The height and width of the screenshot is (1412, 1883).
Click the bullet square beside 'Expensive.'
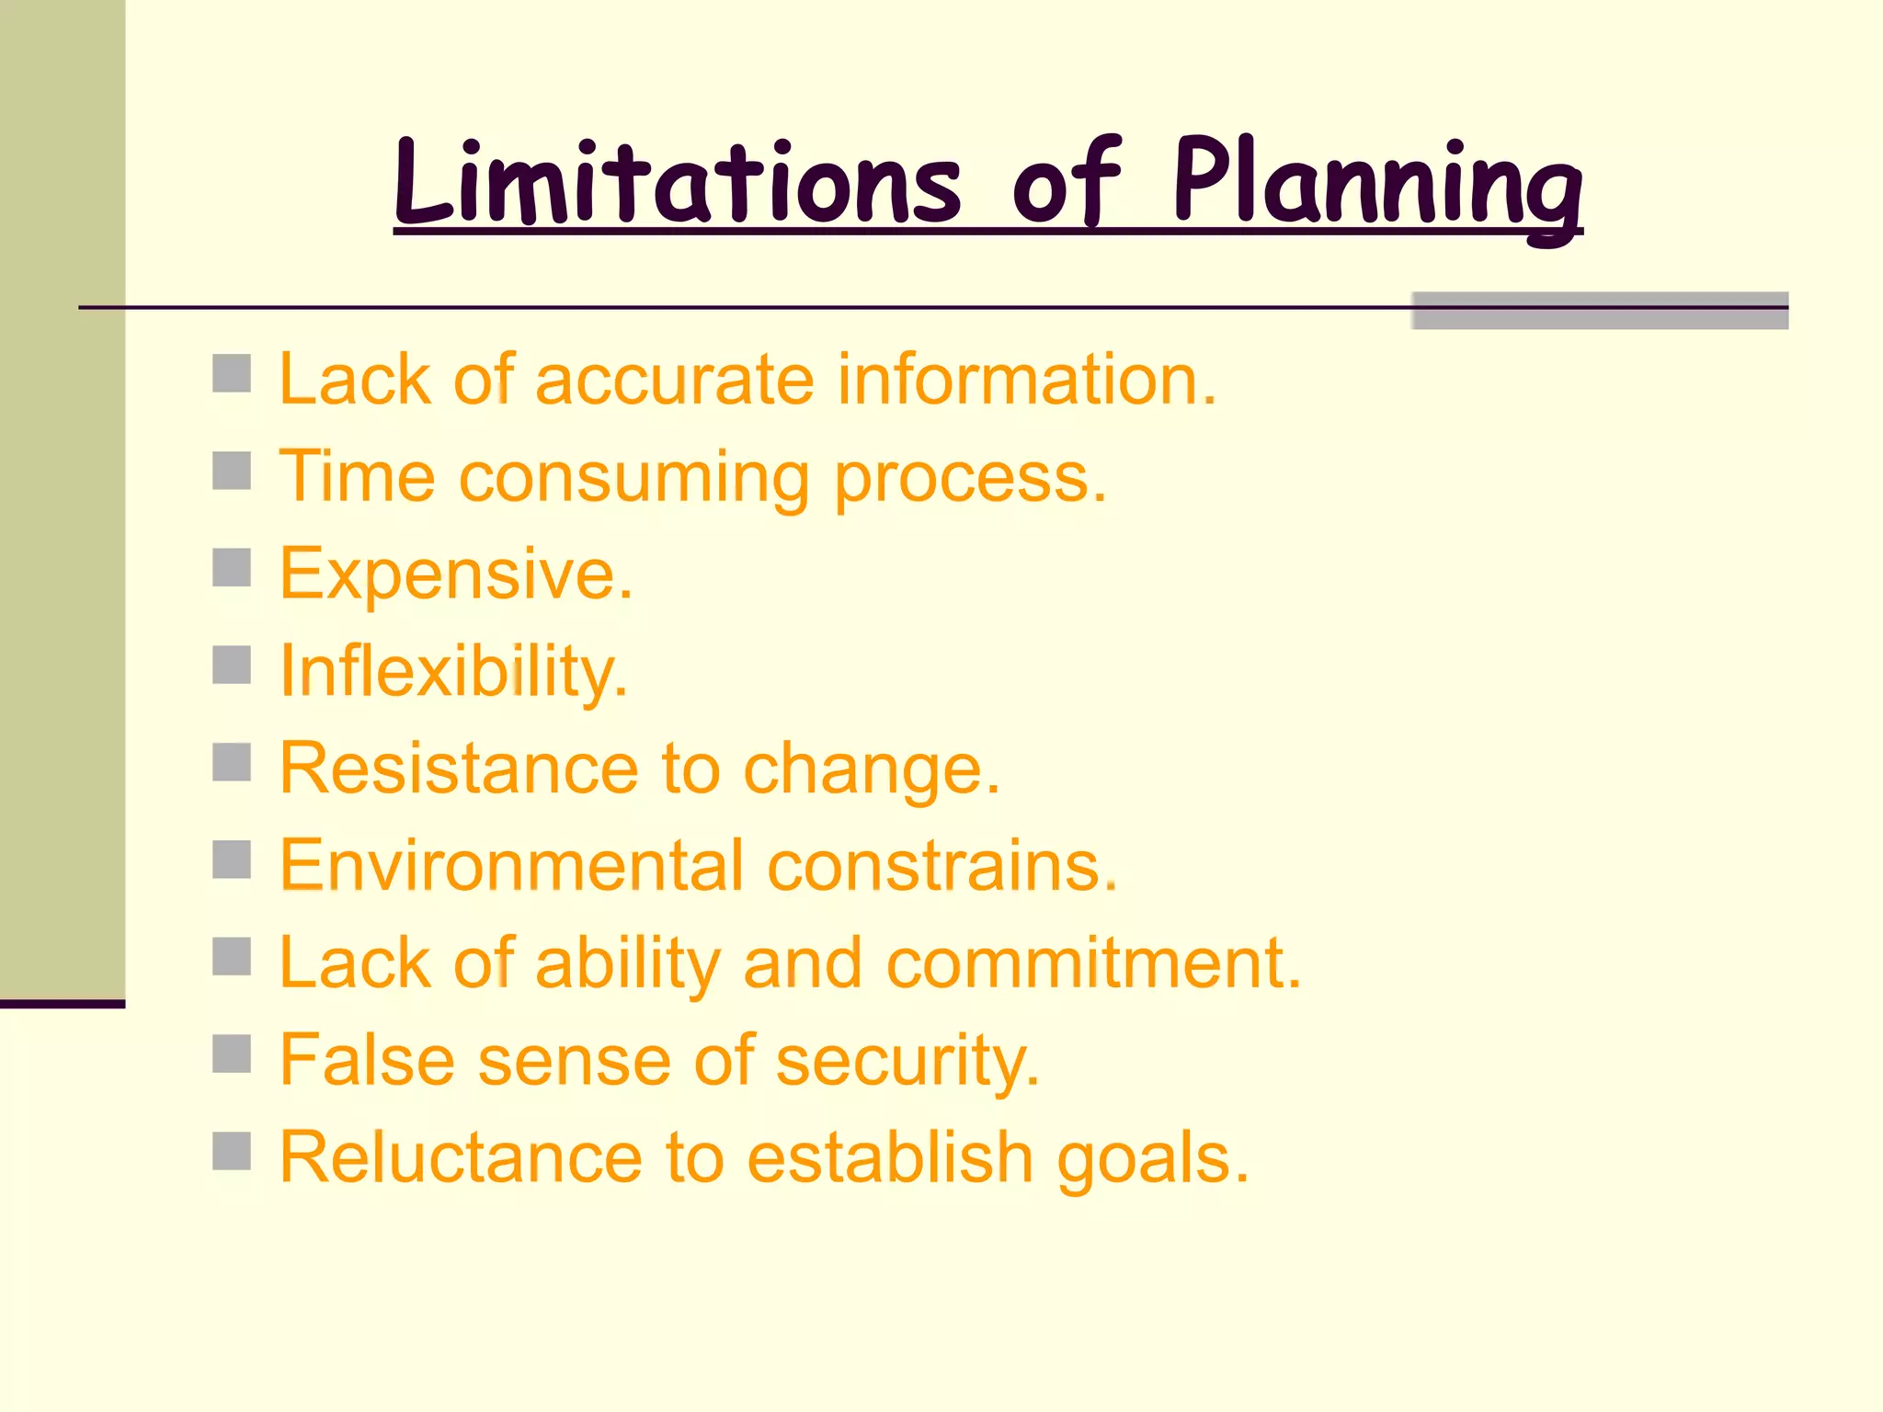[232, 567]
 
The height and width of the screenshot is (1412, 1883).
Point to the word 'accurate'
[674, 379]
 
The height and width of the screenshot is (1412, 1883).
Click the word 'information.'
[1027, 379]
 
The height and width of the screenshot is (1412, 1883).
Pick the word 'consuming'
[634, 478]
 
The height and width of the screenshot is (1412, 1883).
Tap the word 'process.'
[970, 478]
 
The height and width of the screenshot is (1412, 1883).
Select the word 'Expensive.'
[456, 574]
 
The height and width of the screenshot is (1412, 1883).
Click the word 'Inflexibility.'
[454, 672]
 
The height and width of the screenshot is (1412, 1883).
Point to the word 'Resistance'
[458, 768]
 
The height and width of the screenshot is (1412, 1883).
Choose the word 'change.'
[871, 769]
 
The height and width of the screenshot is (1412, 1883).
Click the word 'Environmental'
[511, 865]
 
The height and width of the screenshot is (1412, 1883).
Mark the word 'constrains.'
[942, 865]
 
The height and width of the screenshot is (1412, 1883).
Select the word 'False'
[367, 1060]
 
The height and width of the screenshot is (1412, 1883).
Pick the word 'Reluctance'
[461, 1157]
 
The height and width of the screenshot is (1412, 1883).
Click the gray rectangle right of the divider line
[1599, 311]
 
